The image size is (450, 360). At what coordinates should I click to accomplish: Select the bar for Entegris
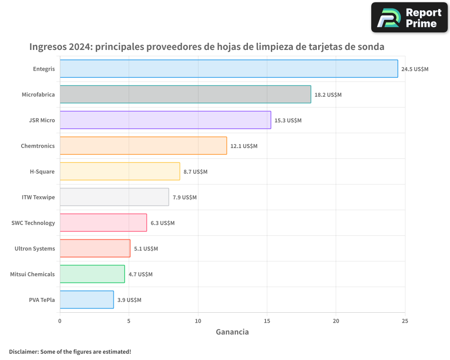(229, 69)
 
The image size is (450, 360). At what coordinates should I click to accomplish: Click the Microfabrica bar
(185, 94)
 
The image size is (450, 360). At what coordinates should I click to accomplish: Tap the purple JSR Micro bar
(165, 120)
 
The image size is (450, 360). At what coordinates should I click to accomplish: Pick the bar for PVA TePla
(86, 300)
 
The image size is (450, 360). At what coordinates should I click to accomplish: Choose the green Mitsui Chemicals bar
(92, 274)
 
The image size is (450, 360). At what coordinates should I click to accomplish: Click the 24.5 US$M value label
(414, 69)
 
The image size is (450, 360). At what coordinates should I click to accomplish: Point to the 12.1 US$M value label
(243, 146)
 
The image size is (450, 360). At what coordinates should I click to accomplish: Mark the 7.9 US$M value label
(184, 198)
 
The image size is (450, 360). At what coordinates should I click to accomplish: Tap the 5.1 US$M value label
(146, 249)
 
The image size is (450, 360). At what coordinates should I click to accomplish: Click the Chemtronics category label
(38, 146)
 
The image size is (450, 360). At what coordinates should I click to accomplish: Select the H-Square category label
(42, 171)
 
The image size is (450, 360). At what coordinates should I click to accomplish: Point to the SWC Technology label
(33, 223)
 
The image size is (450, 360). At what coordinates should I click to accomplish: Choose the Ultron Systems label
(35, 248)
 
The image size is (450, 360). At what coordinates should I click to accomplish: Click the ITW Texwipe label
(38, 197)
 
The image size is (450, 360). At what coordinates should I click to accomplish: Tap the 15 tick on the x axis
(267, 321)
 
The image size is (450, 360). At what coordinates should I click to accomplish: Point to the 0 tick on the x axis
(60, 321)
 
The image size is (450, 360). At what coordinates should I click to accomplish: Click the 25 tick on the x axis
(405, 321)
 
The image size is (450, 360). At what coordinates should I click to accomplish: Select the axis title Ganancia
(232, 332)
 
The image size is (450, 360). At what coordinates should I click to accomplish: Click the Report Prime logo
(409, 18)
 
